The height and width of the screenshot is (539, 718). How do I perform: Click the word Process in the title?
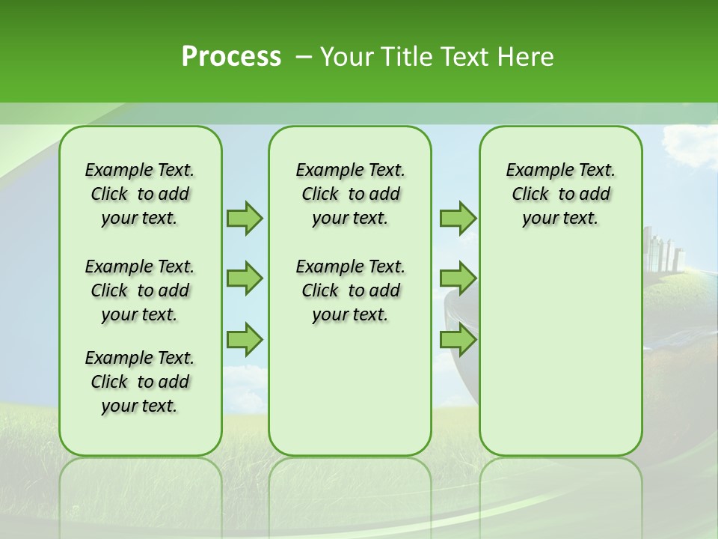(231, 57)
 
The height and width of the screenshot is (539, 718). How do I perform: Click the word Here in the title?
(528, 57)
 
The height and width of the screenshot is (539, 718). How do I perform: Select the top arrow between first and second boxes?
(245, 218)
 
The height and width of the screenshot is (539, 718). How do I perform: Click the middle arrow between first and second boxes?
(245, 278)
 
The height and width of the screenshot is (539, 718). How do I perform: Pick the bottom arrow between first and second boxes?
(245, 339)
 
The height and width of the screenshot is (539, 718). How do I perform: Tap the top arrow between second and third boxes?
(458, 218)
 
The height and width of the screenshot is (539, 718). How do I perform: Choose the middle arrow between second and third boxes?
(458, 278)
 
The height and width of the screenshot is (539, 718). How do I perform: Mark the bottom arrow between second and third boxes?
(458, 339)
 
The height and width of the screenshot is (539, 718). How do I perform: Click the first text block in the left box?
(140, 194)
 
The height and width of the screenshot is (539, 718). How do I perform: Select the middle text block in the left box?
(140, 290)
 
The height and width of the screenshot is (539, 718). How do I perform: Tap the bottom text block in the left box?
(140, 382)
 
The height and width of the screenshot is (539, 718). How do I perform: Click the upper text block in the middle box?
(350, 194)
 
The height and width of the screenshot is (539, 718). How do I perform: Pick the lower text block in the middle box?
(350, 290)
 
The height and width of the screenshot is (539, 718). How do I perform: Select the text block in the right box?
(560, 194)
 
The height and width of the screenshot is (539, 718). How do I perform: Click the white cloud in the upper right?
(688, 142)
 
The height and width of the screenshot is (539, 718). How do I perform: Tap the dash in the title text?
(304, 58)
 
